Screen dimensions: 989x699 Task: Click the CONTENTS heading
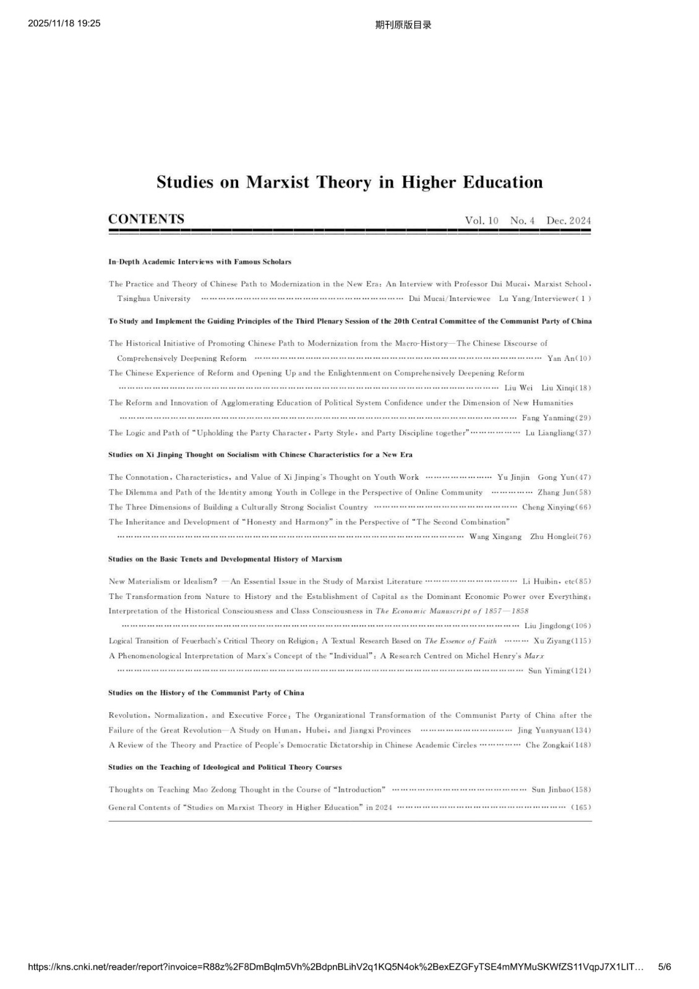click(146, 219)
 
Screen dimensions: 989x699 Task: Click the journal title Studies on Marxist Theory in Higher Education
click(349, 182)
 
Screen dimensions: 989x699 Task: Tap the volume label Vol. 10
click(481, 221)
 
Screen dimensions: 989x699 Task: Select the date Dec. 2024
click(568, 221)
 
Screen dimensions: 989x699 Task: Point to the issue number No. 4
click(523, 221)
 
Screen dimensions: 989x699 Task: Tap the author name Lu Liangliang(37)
click(558, 433)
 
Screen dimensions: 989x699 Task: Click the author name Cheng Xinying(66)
click(557, 507)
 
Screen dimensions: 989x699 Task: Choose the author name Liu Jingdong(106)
click(557, 626)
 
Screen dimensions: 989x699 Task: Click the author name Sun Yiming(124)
click(559, 671)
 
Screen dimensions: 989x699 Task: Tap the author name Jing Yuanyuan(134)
click(554, 731)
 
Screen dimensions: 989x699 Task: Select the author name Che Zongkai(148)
click(558, 745)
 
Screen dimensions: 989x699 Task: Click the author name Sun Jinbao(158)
click(561, 790)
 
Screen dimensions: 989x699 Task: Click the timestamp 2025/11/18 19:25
click(64, 23)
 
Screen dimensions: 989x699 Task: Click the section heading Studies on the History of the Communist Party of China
click(206, 693)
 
